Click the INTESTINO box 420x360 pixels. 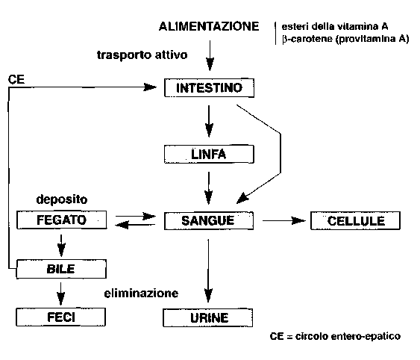pyautogui.click(x=209, y=88)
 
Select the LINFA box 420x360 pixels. pyautogui.click(x=209, y=155)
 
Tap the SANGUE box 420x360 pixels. pyautogui.click(x=209, y=221)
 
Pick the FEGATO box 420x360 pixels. pyautogui.click(x=62, y=221)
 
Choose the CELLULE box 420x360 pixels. pyautogui.click(x=357, y=221)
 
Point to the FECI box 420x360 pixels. pyautogui.click(x=62, y=317)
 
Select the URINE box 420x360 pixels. pyautogui.click(x=209, y=317)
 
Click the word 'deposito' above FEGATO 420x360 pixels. pyautogui.click(x=63, y=201)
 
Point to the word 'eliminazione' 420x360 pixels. pyautogui.click(x=141, y=294)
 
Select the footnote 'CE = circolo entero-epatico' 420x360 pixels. pyautogui.click(x=335, y=337)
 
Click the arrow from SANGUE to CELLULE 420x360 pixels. pyautogui.click(x=281, y=221)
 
